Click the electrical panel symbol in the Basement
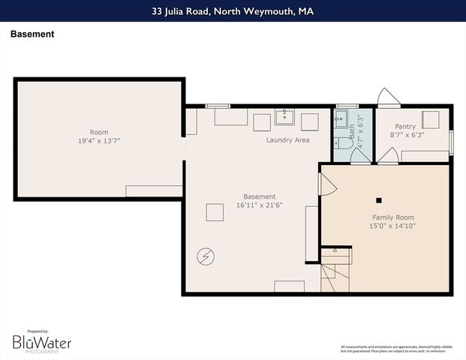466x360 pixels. (204, 257)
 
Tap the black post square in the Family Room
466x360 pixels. (379, 200)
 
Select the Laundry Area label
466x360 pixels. (287, 140)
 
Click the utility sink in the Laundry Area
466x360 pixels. (284, 118)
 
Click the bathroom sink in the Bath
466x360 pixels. (341, 118)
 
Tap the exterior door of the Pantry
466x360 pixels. (388, 98)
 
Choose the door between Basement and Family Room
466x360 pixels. (326, 184)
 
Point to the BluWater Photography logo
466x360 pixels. (42, 343)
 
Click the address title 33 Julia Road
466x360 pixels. (233, 10)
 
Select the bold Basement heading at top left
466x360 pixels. (32, 34)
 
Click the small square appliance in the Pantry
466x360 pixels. (430, 120)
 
